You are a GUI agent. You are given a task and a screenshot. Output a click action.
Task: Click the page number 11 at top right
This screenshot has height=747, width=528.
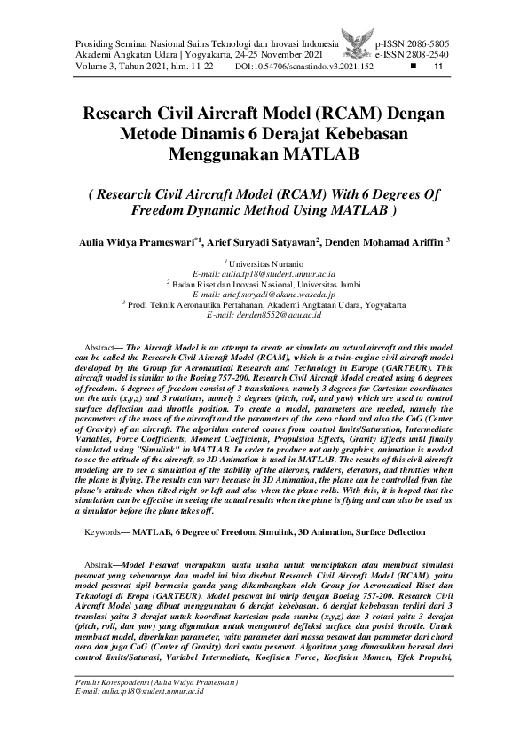point(437,66)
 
